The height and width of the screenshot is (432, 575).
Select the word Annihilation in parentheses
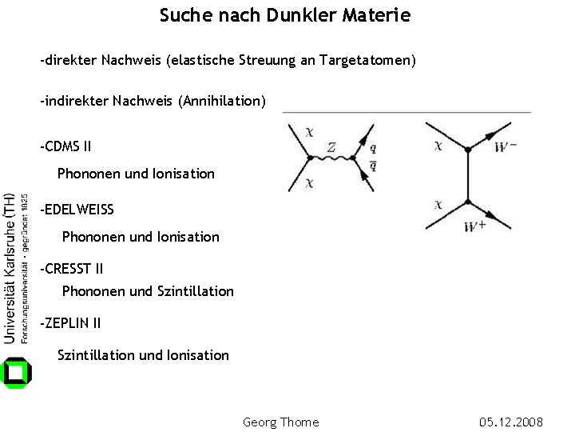224,102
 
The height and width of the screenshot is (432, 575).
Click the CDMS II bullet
67,146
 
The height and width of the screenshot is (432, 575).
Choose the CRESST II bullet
73,269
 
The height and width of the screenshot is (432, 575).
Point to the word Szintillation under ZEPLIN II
97,355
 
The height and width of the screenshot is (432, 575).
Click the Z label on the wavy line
331,147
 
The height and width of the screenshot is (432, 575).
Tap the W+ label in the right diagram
475,227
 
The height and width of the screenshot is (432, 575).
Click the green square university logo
17,372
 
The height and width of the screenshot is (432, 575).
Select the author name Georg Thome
280,422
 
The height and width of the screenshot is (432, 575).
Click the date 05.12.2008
511,422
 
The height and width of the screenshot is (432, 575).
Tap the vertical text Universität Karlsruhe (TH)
10,268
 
